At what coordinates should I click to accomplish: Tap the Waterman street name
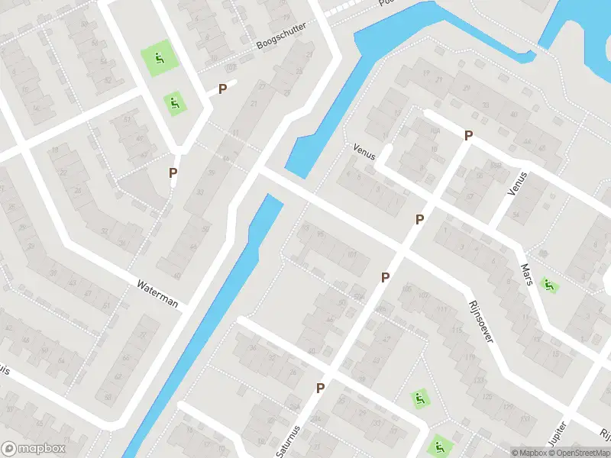coord(157,294)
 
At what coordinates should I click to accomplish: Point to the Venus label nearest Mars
coord(519,183)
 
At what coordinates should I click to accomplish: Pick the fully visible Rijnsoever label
coord(480,321)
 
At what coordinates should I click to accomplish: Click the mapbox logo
coord(31,449)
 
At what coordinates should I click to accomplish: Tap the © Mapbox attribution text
coord(530,453)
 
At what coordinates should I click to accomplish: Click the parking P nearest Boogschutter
coord(222,89)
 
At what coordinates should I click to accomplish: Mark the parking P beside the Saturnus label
coord(320,388)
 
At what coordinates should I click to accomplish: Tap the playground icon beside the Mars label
coord(548,285)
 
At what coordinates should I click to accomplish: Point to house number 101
coord(352,255)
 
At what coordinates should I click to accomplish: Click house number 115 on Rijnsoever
coord(457,330)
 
